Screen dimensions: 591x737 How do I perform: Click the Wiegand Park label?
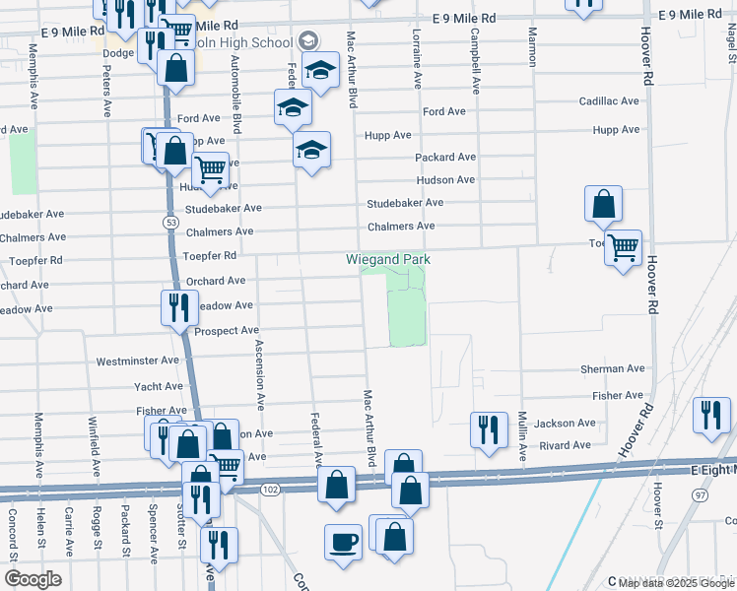click(388, 260)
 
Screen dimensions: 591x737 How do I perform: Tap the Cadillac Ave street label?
click(610, 101)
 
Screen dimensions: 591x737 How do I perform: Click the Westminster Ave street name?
click(139, 362)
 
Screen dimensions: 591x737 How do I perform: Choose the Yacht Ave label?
click(159, 387)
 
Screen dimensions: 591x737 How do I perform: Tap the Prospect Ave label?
click(226, 331)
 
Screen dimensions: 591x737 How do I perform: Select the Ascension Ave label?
click(260, 374)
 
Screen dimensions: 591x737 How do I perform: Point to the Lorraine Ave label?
click(417, 59)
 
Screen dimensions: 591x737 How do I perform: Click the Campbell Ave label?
click(475, 59)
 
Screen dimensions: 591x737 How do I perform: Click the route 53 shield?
click(169, 225)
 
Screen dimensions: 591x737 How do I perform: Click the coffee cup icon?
click(343, 542)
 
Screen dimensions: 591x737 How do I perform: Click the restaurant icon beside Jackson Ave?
click(489, 429)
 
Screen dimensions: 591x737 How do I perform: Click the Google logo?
click(33, 578)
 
